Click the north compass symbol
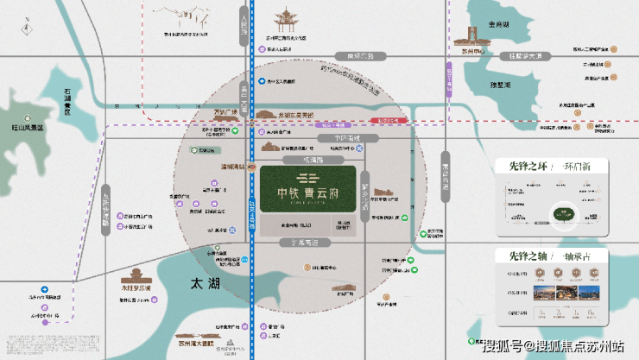point(22,23)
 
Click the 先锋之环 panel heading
point(518,167)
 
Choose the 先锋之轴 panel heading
point(518,256)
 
